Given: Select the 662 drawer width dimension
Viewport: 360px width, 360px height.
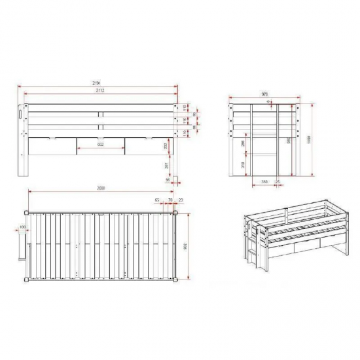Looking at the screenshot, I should tap(101, 145).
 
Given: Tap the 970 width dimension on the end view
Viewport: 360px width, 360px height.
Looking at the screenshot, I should tap(264, 94).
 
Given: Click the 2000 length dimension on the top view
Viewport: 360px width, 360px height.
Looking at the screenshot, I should tap(101, 189).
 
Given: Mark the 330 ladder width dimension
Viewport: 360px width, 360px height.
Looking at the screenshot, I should tap(264, 181).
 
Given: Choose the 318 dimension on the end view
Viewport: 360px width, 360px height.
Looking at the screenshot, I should tap(243, 164).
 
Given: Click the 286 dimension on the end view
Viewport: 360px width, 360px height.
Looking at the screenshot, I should tap(243, 143).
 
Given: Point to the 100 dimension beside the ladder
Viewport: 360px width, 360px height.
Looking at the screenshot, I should tap(22, 226).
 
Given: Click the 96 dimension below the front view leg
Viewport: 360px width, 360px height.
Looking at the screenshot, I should tap(168, 179).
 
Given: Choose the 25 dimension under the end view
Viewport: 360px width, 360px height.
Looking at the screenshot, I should tap(279, 181).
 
